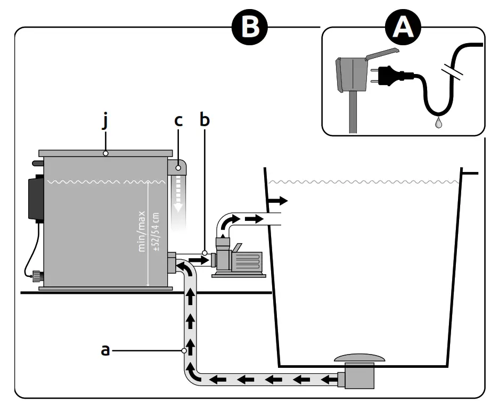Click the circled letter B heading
tap(249, 27)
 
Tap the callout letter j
tap(106, 122)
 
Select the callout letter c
tap(178, 121)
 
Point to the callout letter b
tap(204, 120)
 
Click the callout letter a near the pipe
tap(106, 350)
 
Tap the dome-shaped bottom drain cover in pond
tap(357, 357)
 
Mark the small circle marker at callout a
tap(184, 350)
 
